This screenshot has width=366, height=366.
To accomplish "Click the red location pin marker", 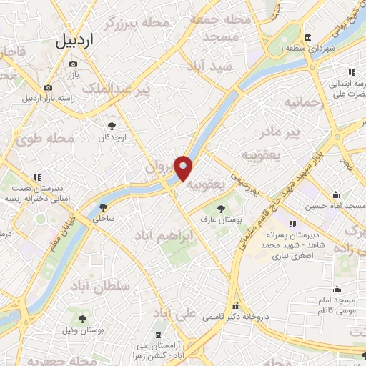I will coord(184,168).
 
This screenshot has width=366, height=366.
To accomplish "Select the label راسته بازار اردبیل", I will coord(59,98).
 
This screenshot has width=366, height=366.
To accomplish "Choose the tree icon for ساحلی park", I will coord(104,207).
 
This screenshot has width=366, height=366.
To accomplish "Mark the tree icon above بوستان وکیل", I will coord(84,319).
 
